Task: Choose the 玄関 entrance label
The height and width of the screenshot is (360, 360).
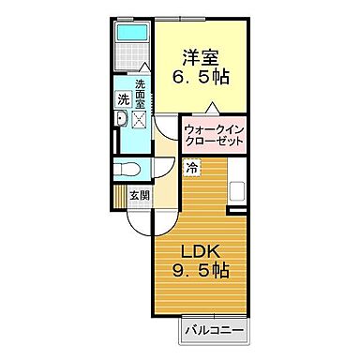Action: (139, 195)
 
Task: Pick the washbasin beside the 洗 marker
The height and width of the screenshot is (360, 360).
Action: (121, 119)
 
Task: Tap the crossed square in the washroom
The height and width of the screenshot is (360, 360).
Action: (141, 119)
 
